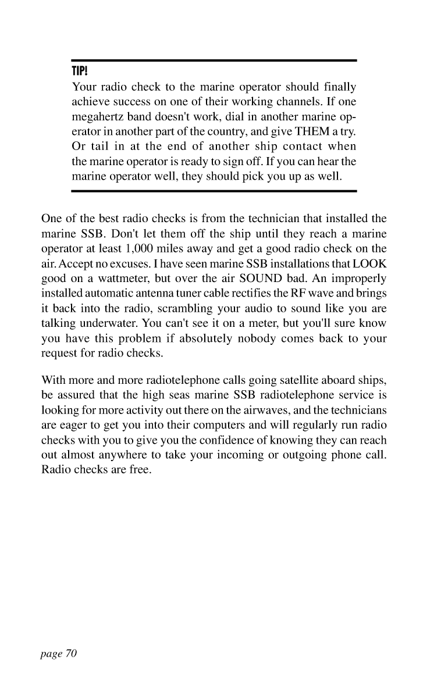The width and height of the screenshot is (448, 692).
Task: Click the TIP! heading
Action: tap(79, 72)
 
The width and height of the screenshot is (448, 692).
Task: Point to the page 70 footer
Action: tap(59, 654)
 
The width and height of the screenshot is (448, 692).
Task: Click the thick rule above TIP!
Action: tap(214, 60)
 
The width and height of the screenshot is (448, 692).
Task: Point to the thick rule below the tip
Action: tap(214, 191)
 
